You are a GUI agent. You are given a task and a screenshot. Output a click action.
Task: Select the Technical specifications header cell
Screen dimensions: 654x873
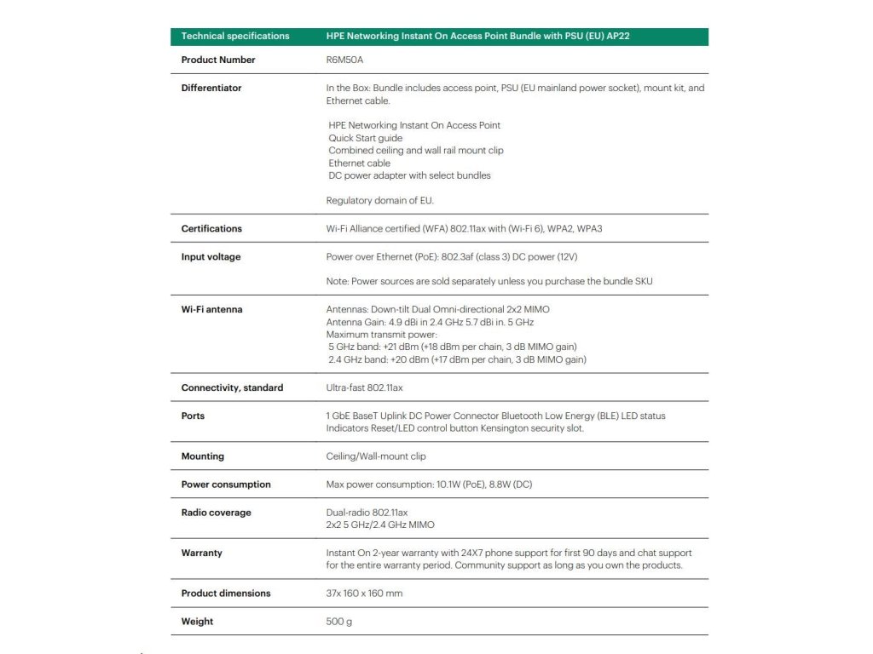point(235,37)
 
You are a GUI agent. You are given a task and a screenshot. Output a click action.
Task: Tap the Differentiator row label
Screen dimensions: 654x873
point(211,89)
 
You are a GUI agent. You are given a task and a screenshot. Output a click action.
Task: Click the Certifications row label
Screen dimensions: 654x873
point(211,229)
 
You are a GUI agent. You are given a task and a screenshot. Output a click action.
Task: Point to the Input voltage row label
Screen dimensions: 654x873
point(211,257)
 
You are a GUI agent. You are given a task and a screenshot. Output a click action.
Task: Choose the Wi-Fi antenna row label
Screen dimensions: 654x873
point(211,310)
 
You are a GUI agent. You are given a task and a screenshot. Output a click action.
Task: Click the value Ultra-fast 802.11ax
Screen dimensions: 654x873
point(364,388)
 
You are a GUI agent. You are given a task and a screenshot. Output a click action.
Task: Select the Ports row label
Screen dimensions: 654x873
point(193,416)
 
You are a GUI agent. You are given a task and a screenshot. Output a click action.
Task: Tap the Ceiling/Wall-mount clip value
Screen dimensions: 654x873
point(376,456)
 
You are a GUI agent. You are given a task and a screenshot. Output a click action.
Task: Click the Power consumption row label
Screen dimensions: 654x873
point(226,485)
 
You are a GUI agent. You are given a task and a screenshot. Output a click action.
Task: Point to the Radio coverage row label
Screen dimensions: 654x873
point(216,513)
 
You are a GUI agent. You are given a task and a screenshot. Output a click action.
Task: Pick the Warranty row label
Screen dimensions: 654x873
point(201,554)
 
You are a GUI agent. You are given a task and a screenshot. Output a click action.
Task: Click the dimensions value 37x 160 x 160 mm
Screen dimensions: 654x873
point(364,594)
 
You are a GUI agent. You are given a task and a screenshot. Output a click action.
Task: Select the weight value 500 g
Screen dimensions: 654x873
point(339,622)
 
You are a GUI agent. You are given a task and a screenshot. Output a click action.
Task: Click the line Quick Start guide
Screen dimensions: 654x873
point(366,138)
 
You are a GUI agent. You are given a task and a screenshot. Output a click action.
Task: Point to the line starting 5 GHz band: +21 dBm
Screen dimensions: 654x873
point(453,347)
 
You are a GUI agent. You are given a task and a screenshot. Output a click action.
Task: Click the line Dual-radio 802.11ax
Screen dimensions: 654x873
point(367,513)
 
